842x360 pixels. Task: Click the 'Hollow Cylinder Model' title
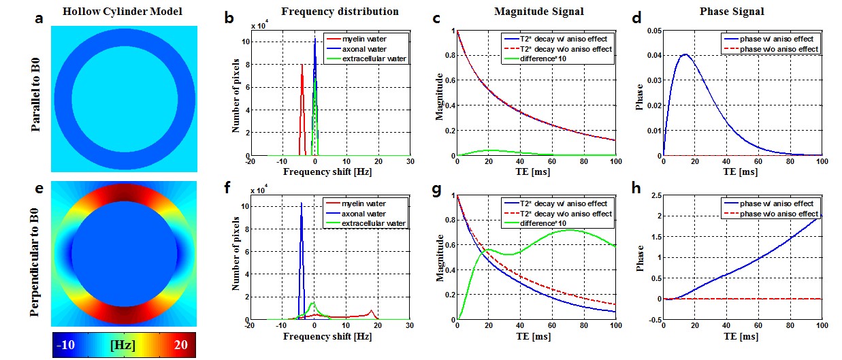click(124, 12)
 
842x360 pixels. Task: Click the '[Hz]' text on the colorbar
click(124, 345)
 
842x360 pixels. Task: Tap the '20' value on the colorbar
click(180, 345)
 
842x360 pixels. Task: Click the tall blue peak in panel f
click(302, 203)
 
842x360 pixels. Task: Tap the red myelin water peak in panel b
click(302, 65)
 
